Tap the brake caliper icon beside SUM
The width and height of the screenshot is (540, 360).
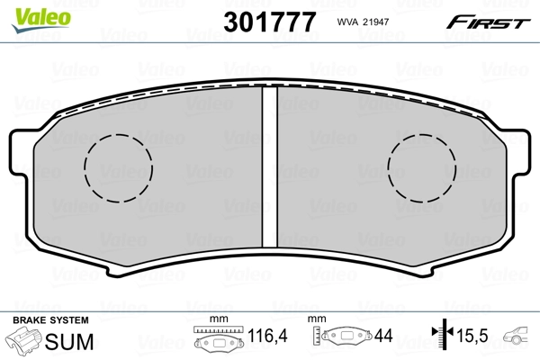pos(25,342)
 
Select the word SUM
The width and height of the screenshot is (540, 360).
pos(71,342)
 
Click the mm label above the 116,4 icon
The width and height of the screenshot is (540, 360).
pos(215,320)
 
